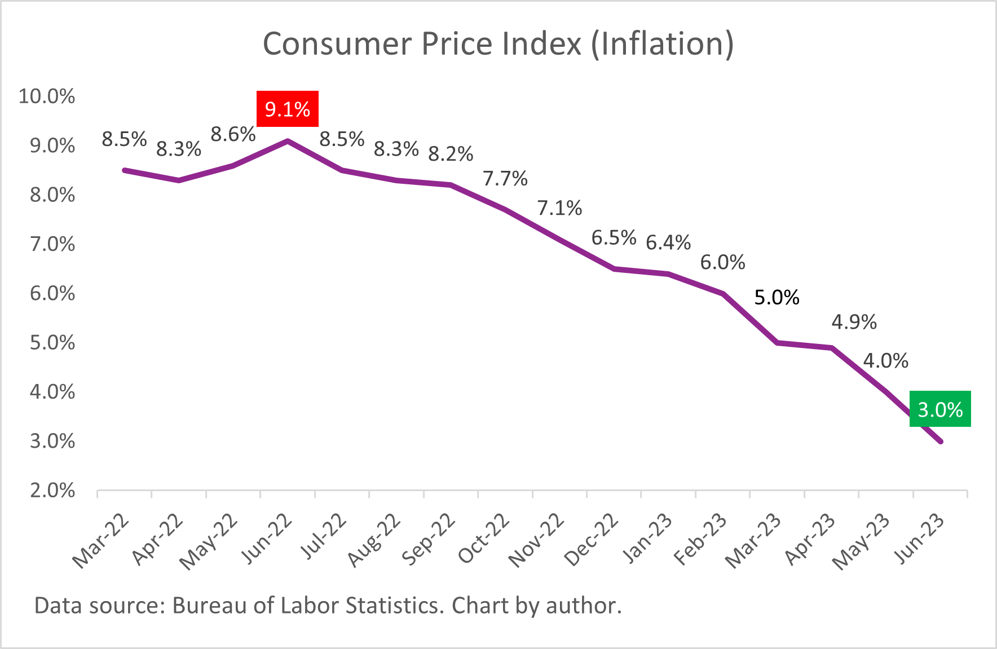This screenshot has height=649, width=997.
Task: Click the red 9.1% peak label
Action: pyautogui.click(x=288, y=109)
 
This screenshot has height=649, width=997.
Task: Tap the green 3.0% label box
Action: pyautogui.click(x=940, y=409)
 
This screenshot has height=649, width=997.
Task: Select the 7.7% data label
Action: pyautogui.click(x=505, y=179)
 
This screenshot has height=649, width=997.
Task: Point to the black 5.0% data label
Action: pyautogui.click(x=777, y=297)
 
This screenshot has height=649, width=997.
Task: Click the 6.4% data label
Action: pyautogui.click(x=668, y=242)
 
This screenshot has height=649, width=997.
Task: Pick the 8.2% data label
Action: pyautogui.click(x=451, y=153)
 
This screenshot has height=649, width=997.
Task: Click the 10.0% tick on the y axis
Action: pyautogui.click(x=47, y=96)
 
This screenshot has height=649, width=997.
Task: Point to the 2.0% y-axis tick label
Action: pyautogui.click(x=52, y=490)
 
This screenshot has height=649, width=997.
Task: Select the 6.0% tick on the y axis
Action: pyautogui.click(x=52, y=293)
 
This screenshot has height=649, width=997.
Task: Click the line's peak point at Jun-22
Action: pyautogui.click(x=288, y=141)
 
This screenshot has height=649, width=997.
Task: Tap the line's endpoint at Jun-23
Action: pyautogui.click(x=940, y=441)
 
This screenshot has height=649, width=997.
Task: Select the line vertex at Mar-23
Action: pyautogui.click(x=777, y=343)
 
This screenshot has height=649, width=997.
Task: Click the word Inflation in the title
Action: pyautogui.click(x=663, y=44)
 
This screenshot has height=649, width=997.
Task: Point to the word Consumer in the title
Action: pyautogui.click(x=337, y=44)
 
